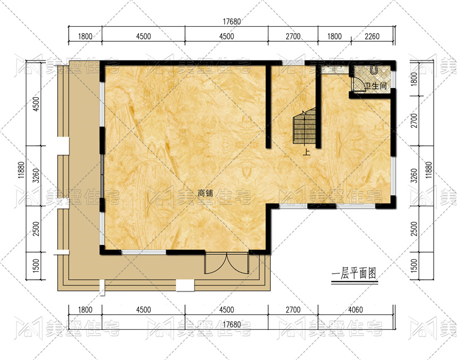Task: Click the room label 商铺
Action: tap(205, 193)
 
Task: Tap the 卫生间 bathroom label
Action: tap(376, 86)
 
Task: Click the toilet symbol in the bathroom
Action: tap(374, 69)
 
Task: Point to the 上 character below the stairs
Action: tap(306, 152)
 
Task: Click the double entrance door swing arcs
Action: tap(226, 263)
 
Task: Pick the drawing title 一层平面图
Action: tap(354, 274)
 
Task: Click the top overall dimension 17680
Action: tap(232, 22)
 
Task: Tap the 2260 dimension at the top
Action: tap(372, 37)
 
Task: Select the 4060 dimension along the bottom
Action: tap(355, 309)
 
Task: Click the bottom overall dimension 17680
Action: tap(232, 325)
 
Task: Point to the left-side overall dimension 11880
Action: tap(21, 170)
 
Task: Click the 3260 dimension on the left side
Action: tap(36, 175)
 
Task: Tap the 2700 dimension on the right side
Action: tap(414, 121)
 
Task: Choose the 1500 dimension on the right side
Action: tap(414, 266)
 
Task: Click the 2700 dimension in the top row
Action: tap(293, 37)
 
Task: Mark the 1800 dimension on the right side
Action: tap(414, 79)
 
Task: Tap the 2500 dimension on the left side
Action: tap(36, 229)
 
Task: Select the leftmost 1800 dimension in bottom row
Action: tap(85, 309)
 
